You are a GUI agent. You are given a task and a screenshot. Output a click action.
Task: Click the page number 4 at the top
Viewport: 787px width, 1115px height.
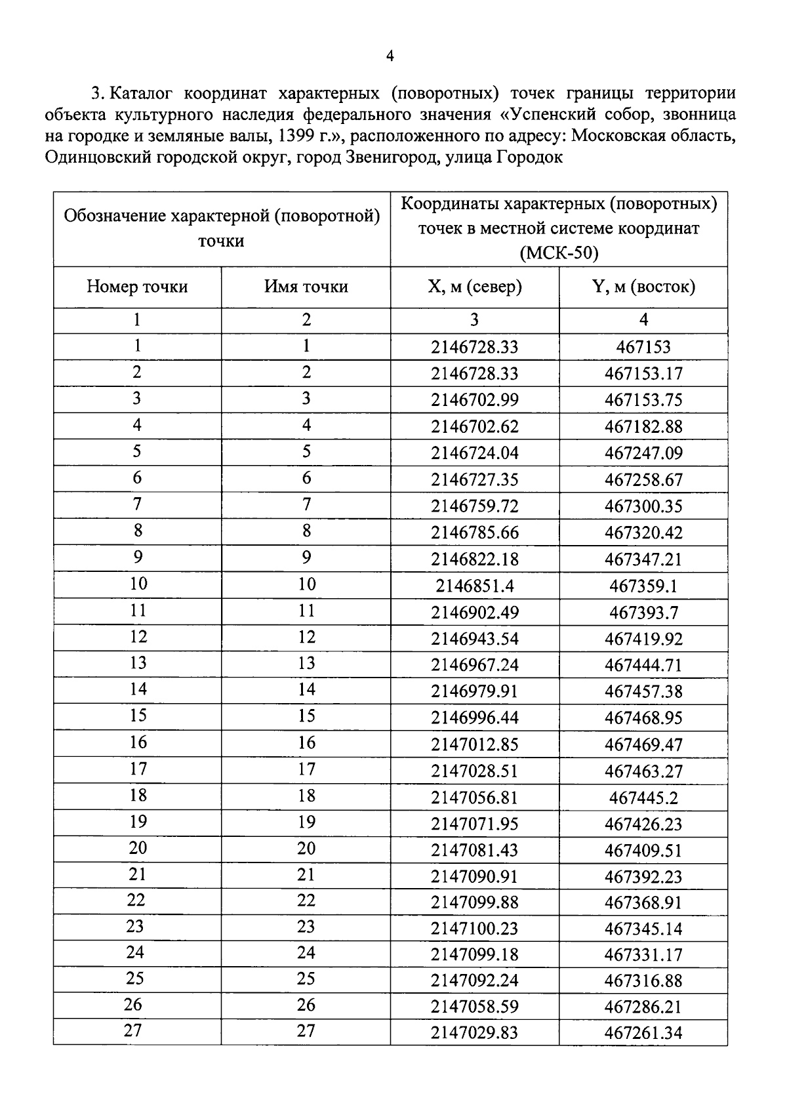390,57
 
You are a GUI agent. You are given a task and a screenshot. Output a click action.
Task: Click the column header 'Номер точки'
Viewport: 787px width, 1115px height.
137,287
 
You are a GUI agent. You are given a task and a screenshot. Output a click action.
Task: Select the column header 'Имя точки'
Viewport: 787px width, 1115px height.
306,287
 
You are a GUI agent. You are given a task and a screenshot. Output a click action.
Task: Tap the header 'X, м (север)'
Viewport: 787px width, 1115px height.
474,287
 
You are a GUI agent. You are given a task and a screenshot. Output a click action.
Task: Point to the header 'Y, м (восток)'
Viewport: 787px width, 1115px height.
643,287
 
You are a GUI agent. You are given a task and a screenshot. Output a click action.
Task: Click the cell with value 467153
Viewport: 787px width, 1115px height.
643,347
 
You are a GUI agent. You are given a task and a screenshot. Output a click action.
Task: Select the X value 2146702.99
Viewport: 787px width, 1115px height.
474,400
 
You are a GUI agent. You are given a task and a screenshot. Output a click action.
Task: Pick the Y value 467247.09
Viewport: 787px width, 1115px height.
643,453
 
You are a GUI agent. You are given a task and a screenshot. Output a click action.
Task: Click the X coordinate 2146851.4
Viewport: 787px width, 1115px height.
474,586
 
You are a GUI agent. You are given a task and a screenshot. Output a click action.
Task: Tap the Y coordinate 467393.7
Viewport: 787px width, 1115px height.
643,613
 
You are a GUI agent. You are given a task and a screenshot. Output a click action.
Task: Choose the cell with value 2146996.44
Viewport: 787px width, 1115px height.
474,718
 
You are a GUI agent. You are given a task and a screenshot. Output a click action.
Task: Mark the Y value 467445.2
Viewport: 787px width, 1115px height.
643,798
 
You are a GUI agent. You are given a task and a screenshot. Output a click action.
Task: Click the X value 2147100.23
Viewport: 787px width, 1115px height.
474,929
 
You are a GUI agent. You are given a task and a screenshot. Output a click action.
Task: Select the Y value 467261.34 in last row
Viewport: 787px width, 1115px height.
643,1033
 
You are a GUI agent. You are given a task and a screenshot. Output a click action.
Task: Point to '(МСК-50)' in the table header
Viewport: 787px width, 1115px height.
559,253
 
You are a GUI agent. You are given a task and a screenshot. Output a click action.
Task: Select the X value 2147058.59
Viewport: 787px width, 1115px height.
474,1007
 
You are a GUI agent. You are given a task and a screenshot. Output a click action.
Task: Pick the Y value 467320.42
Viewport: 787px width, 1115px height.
643,533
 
